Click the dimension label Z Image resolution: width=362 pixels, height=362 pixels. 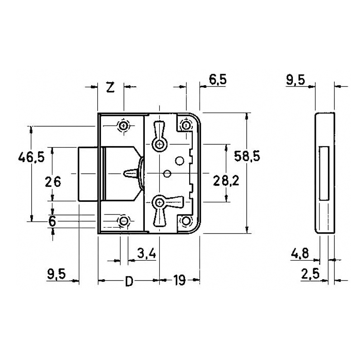point(110,87)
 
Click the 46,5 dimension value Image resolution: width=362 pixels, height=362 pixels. point(31,157)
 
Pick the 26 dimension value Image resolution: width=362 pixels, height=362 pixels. point(53,181)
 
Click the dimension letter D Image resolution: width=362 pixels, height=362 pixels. point(129,282)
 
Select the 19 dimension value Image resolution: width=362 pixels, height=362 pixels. point(180,281)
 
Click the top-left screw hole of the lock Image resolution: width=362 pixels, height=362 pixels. point(124,125)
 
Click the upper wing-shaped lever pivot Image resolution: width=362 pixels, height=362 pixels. point(159,144)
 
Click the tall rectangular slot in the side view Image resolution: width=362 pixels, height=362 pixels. point(324,173)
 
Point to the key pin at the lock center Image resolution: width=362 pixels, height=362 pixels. point(131,173)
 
